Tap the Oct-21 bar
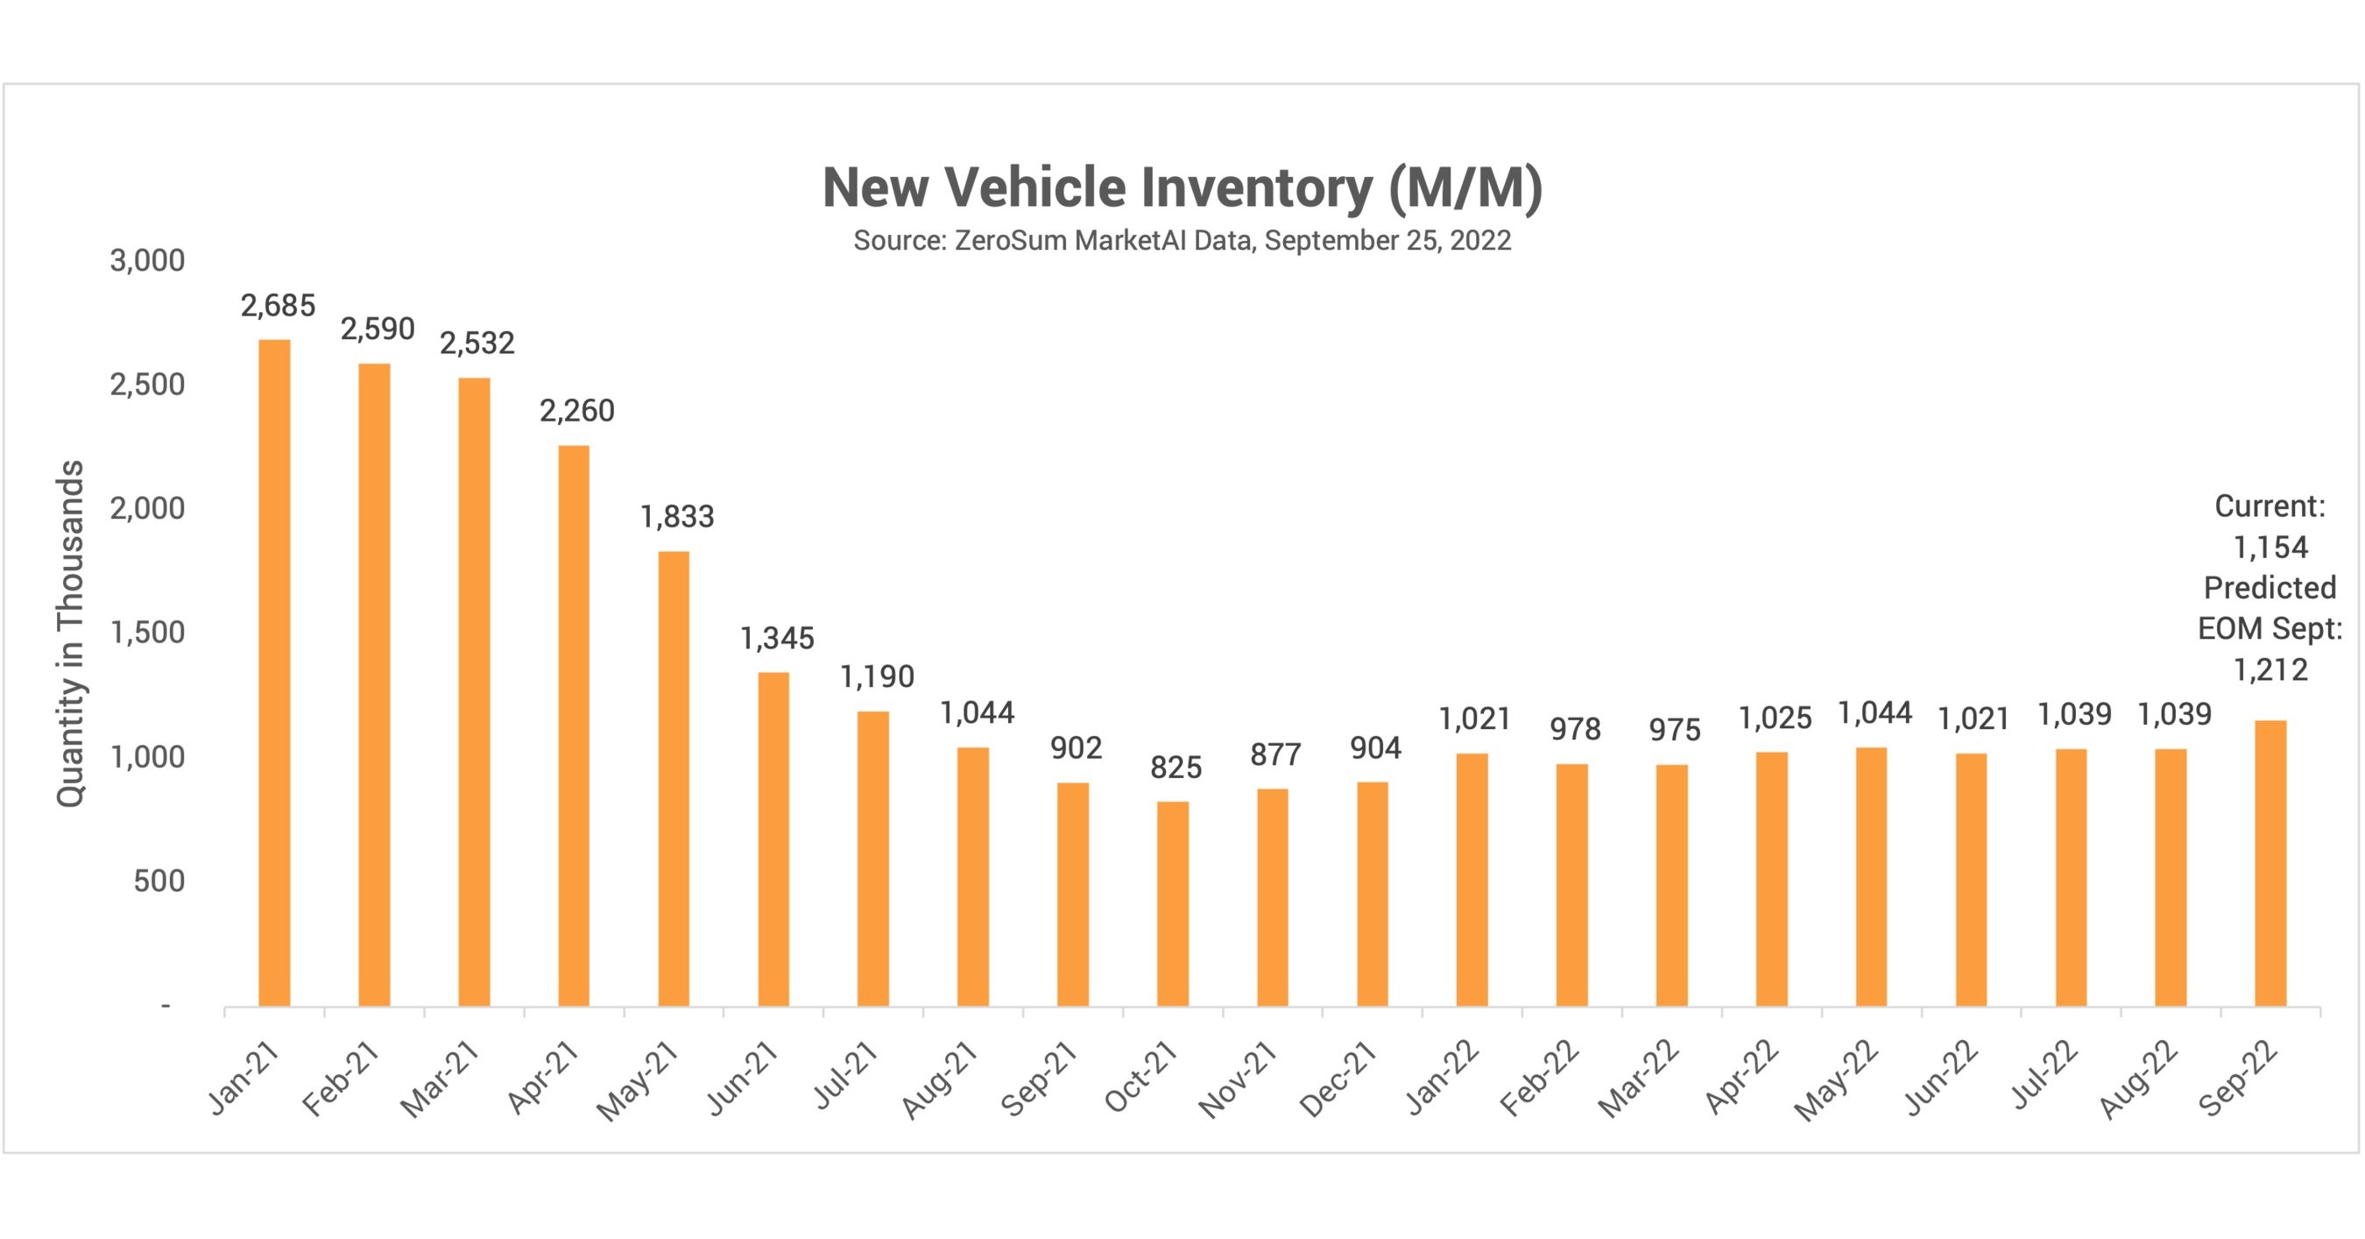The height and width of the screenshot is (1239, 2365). tap(1172, 903)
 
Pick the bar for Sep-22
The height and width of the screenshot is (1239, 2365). tap(2270, 863)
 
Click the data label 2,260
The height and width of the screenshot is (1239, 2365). tap(576, 411)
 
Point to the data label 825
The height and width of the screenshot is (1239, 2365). tap(1175, 767)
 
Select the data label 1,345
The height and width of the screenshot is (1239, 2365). tap(777, 638)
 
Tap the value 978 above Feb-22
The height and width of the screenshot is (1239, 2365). tap(1575, 729)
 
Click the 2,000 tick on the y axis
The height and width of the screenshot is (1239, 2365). tap(147, 508)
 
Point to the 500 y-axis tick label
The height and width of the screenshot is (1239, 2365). tap(159, 881)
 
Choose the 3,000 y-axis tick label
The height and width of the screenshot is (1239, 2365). tap(147, 260)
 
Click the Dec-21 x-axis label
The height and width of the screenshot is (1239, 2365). tap(1337, 1080)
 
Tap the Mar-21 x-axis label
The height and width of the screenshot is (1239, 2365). tap(439, 1080)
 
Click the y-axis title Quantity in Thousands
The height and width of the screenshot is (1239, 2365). tap(71, 634)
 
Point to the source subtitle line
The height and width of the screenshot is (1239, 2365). tap(1182, 241)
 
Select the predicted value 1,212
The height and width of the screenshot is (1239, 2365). tap(2270, 669)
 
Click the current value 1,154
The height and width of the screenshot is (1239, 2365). tap(2270, 548)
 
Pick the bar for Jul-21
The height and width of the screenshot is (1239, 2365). tap(873, 859)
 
